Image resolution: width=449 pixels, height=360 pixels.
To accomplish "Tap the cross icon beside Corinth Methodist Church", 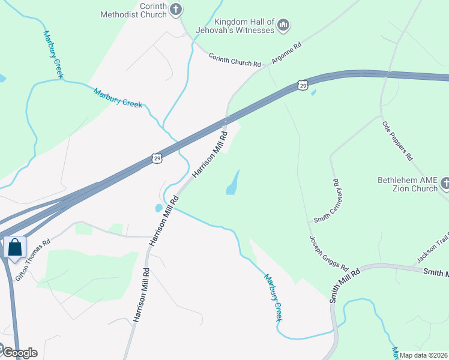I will (175, 8).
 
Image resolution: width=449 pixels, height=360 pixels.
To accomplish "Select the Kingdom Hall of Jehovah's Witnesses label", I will (238, 26).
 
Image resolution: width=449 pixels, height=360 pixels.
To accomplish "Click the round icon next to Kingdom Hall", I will (285, 25).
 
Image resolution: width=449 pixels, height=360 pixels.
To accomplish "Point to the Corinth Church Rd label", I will (235, 59).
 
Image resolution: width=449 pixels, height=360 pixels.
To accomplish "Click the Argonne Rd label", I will (286, 52).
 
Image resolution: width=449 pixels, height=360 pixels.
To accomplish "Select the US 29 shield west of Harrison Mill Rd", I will (157, 158).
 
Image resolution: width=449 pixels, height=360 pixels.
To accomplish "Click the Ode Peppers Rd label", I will (397, 140).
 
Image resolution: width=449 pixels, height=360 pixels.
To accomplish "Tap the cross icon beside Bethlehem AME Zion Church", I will (445, 182).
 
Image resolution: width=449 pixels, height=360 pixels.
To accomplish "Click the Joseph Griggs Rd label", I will (329, 252).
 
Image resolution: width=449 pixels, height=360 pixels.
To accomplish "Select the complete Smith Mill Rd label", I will (344, 284).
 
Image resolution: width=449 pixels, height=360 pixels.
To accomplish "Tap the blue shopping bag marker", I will (14, 247).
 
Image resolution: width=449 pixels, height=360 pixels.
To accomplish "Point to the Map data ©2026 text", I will (424, 355).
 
